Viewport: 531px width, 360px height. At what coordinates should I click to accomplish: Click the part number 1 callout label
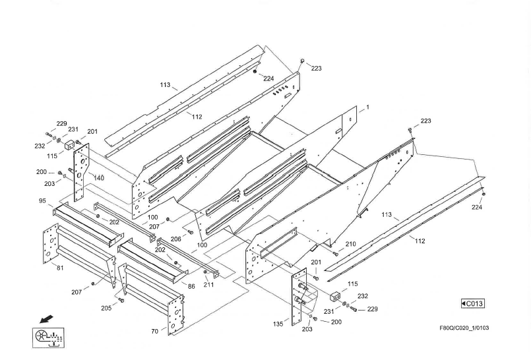[367, 107]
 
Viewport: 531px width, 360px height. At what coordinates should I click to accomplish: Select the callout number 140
[99, 178]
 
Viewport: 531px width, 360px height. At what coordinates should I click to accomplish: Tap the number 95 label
[42, 201]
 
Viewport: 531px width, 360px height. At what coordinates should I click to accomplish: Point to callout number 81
[60, 268]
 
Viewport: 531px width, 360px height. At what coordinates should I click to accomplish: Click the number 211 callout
[208, 285]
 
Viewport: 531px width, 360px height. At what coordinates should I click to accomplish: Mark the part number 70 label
[154, 331]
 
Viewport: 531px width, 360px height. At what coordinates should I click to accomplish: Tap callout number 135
[278, 324]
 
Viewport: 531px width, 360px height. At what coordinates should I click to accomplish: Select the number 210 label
[350, 244]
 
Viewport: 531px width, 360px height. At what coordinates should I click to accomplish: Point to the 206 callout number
[176, 239]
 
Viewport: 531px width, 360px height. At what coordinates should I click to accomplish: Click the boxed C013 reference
[472, 303]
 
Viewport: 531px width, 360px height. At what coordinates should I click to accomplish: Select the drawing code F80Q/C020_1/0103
[464, 328]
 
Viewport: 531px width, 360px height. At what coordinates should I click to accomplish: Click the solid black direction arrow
[46, 319]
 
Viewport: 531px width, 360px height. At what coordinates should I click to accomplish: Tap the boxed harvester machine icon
[49, 337]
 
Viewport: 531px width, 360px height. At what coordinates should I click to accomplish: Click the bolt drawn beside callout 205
[121, 301]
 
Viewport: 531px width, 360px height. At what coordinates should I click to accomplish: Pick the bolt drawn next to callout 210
[336, 253]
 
